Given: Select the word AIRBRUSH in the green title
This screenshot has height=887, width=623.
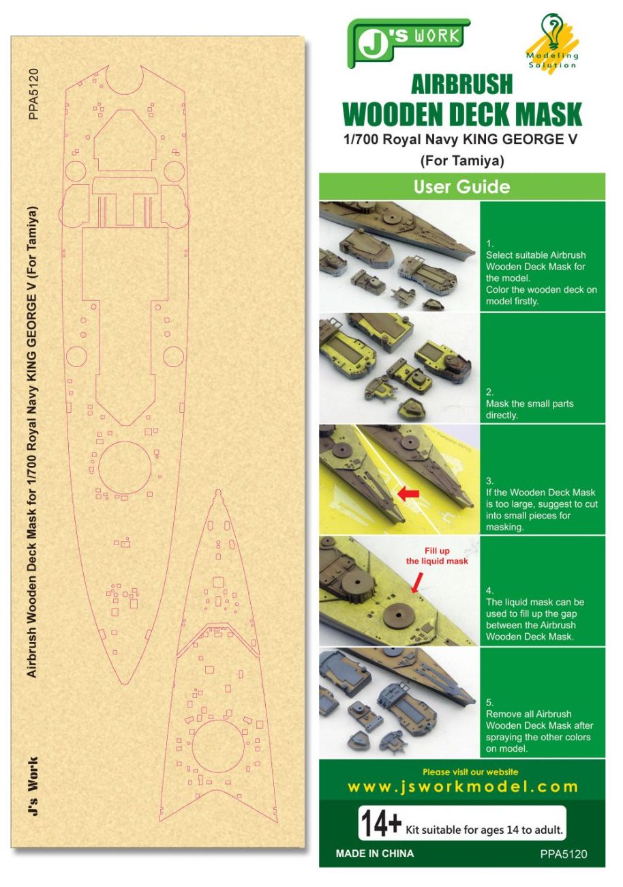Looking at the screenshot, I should pos(462,85).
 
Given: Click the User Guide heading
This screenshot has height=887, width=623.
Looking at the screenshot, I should pos(462,186).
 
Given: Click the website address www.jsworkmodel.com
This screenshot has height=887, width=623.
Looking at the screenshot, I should pos(462,787).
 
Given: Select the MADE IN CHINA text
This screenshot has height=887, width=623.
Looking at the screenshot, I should pos(375,854).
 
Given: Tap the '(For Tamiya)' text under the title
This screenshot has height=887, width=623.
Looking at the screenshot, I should pos(462,162).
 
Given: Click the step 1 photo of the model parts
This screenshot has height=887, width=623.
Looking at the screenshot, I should pos(399,257).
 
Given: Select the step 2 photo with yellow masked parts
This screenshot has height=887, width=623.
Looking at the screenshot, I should pos(399,368).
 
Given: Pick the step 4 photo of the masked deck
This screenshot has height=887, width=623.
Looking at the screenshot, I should pos(399,592).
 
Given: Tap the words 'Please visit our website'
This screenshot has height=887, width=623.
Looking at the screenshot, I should pos(470,772).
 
